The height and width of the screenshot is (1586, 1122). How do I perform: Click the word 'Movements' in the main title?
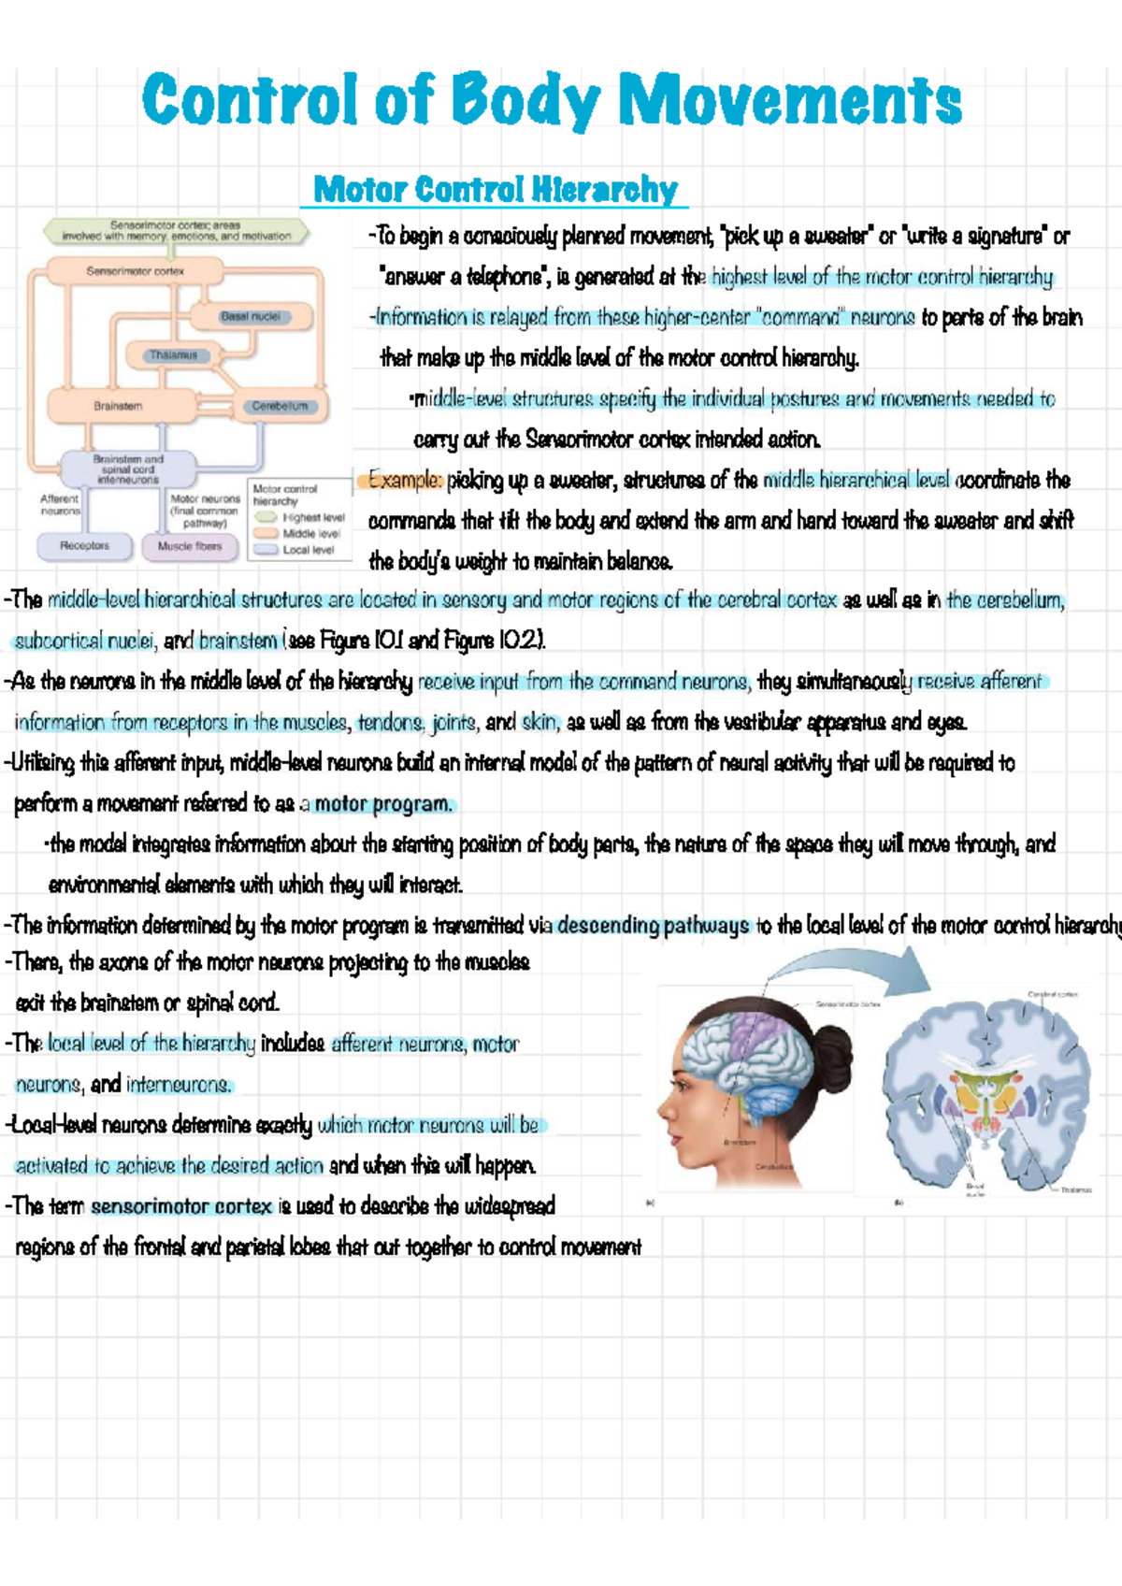790,100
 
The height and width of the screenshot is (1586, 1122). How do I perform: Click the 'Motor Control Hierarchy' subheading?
495,190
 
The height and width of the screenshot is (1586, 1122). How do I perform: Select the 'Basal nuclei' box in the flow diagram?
250,317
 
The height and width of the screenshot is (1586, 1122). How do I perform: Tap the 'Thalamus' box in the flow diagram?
174,355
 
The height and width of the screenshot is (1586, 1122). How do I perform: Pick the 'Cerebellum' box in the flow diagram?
279,406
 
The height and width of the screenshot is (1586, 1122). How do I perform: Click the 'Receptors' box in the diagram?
84,545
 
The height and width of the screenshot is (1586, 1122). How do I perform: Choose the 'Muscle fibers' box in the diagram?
190,546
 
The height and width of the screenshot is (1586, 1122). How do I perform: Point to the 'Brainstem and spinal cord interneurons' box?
128,469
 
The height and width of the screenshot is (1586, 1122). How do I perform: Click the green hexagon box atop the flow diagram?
176,231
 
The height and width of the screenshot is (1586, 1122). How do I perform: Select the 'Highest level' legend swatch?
266,517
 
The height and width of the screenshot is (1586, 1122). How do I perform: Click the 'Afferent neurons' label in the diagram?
60,505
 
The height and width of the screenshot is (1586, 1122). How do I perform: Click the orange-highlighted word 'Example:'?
405,481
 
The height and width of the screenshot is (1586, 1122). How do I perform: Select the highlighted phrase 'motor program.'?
383,804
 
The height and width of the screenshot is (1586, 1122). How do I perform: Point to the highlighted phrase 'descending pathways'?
653,926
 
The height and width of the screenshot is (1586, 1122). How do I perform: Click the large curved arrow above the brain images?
841,968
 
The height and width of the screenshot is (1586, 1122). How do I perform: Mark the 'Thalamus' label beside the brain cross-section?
1075,1190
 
